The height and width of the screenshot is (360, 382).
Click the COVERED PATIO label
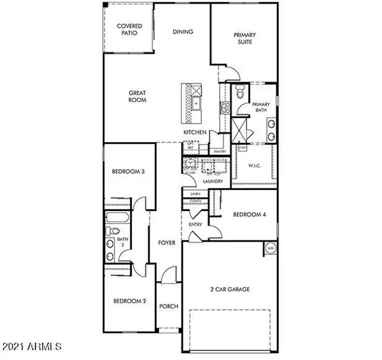click(x=129, y=29)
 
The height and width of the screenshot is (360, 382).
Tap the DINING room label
click(x=183, y=31)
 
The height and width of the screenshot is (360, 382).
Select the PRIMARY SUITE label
click(x=244, y=38)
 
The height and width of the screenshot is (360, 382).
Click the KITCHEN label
click(x=194, y=132)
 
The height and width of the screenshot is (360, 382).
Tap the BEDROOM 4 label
click(x=248, y=215)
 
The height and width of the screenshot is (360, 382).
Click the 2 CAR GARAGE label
click(x=230, y=289)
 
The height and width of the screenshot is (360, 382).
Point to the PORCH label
click(x=169, y=306)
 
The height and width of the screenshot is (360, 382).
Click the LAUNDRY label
click(x=213, y=181)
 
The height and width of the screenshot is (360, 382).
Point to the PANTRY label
click(x=220, y=151)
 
